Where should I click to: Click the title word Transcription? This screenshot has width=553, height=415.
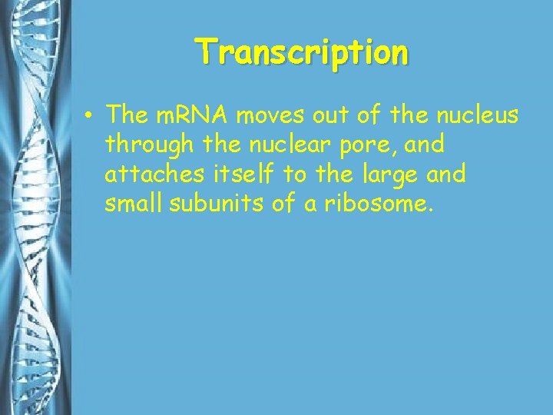(303, 53)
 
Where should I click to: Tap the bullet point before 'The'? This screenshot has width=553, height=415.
(90, 117)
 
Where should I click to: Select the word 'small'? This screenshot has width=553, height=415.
(131, 204)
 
